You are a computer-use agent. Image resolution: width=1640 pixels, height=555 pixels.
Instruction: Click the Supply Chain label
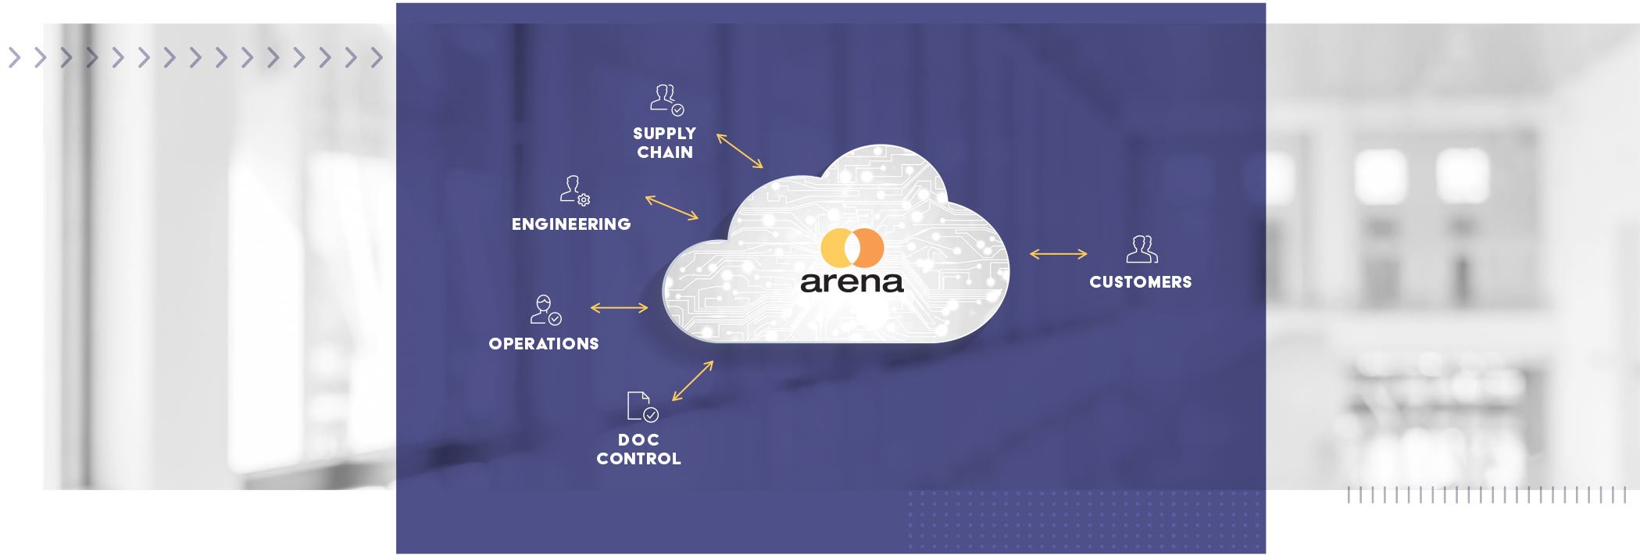[x=664, y=142]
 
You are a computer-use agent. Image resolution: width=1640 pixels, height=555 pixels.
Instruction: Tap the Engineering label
[x=571, y=224]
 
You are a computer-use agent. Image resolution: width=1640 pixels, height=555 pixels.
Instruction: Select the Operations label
[x=544, y=344]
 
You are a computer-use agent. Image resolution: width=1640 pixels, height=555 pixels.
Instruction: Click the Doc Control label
[x=639, y=449]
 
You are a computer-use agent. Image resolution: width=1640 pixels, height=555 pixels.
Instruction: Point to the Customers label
[x=1141, y=282]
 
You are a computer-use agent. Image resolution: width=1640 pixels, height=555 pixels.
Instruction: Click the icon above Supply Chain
[x=666, y=100]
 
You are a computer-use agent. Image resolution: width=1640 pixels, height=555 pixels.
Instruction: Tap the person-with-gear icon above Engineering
[x=574, y=190]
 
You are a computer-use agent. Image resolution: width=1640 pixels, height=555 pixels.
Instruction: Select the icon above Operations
[x=545, y=310]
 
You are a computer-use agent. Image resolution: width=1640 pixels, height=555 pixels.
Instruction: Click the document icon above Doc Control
[x=641, y=406]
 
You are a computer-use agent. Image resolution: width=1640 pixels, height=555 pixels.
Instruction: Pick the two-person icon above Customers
[x=1142, y=249]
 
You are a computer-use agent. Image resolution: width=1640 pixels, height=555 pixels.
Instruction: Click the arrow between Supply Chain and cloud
[x=739, y=151]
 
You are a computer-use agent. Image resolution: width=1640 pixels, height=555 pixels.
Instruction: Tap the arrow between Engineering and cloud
[x=672, y=208]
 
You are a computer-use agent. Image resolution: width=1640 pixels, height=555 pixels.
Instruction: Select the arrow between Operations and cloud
[x=619, y=308]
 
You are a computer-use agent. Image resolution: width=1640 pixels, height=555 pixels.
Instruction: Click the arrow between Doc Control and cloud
[x=693, y=381]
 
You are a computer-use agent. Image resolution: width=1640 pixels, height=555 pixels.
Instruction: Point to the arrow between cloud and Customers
[x=1058, y=254]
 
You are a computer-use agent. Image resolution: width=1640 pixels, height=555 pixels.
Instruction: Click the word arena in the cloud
[x=852, y=281]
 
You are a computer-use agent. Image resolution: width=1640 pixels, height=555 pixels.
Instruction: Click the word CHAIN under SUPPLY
[x=665, y=152]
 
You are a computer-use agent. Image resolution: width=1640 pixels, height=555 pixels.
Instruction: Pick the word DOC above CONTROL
[x=638, y=440]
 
